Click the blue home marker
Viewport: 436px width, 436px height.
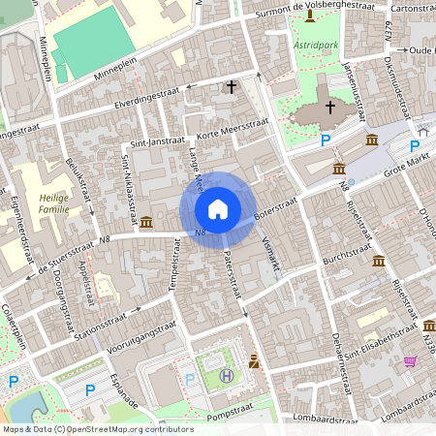(x=218, y=209)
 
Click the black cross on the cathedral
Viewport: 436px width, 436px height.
(x=330, y=107)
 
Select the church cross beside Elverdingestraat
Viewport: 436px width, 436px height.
(x=232, y=87)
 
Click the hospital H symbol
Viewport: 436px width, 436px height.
(x=227, y=375)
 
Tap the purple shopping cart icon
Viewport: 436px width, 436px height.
(x=410, y=361)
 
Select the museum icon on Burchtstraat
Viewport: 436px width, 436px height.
(x=378, y=263)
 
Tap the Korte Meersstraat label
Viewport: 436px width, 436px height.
(x=231, y=130)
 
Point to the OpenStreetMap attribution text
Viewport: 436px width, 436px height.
(x=98, y=428)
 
